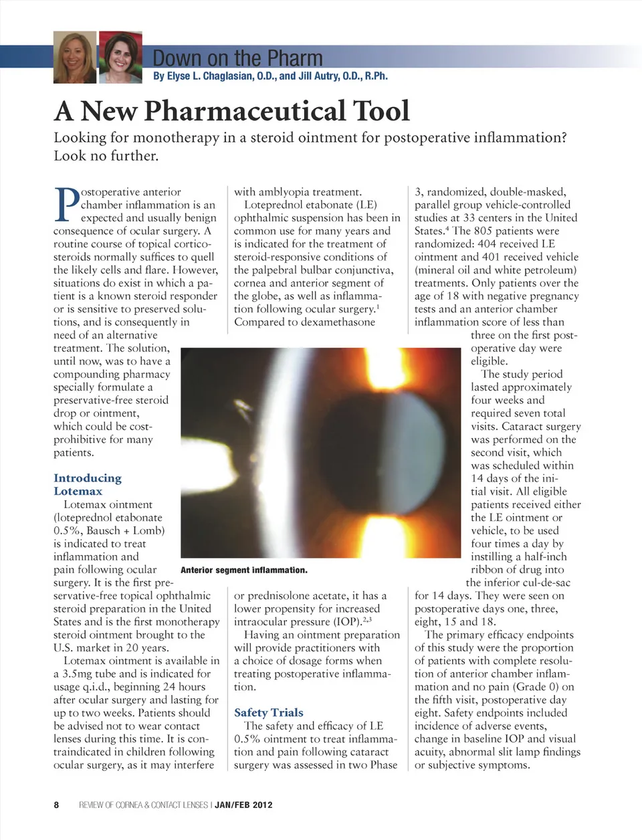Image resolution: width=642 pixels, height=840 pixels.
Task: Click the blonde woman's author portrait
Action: [74, 58]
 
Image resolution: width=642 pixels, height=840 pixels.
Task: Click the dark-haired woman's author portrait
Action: [120, 58]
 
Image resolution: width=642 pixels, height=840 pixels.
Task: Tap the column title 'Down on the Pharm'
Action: [237, 58]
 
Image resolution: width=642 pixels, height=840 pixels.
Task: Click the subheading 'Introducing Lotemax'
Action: [87, 484]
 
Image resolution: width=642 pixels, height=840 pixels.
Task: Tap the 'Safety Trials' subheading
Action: [268, 713]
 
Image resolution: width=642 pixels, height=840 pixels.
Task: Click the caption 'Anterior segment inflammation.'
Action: [244, 570]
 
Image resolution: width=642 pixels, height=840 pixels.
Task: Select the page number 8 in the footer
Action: [57, 805]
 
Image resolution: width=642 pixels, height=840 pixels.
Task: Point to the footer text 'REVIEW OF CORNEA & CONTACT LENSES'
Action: [143, 805]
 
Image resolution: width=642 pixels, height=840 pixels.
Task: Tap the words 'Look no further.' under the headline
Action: [106, 156]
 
